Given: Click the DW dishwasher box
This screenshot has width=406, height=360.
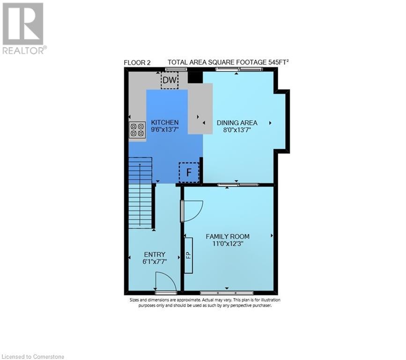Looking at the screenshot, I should coord(170,81).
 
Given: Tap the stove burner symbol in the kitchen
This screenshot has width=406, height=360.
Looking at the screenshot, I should coord(137,129).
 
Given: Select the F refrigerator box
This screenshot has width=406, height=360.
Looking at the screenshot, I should coord(189,172).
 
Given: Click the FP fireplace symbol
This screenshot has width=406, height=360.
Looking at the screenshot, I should coord(188,255).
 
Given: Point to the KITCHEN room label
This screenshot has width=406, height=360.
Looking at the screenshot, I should coord(165,122).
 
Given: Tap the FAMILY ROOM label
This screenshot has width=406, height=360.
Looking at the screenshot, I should coord(228,236).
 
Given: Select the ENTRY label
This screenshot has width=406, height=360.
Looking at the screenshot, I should coord(155,255).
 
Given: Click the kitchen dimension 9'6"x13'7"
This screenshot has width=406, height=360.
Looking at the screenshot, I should coord(165,130).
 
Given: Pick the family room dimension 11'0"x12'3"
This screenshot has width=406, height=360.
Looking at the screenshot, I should coord(228,244).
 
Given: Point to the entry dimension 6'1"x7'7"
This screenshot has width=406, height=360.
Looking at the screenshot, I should coord(155,262).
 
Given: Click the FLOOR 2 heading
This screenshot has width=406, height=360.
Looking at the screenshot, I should coord(137,62).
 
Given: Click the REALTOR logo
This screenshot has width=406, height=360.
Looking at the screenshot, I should coord(23,28).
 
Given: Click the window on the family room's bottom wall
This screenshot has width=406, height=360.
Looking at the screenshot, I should coord(227,293).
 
